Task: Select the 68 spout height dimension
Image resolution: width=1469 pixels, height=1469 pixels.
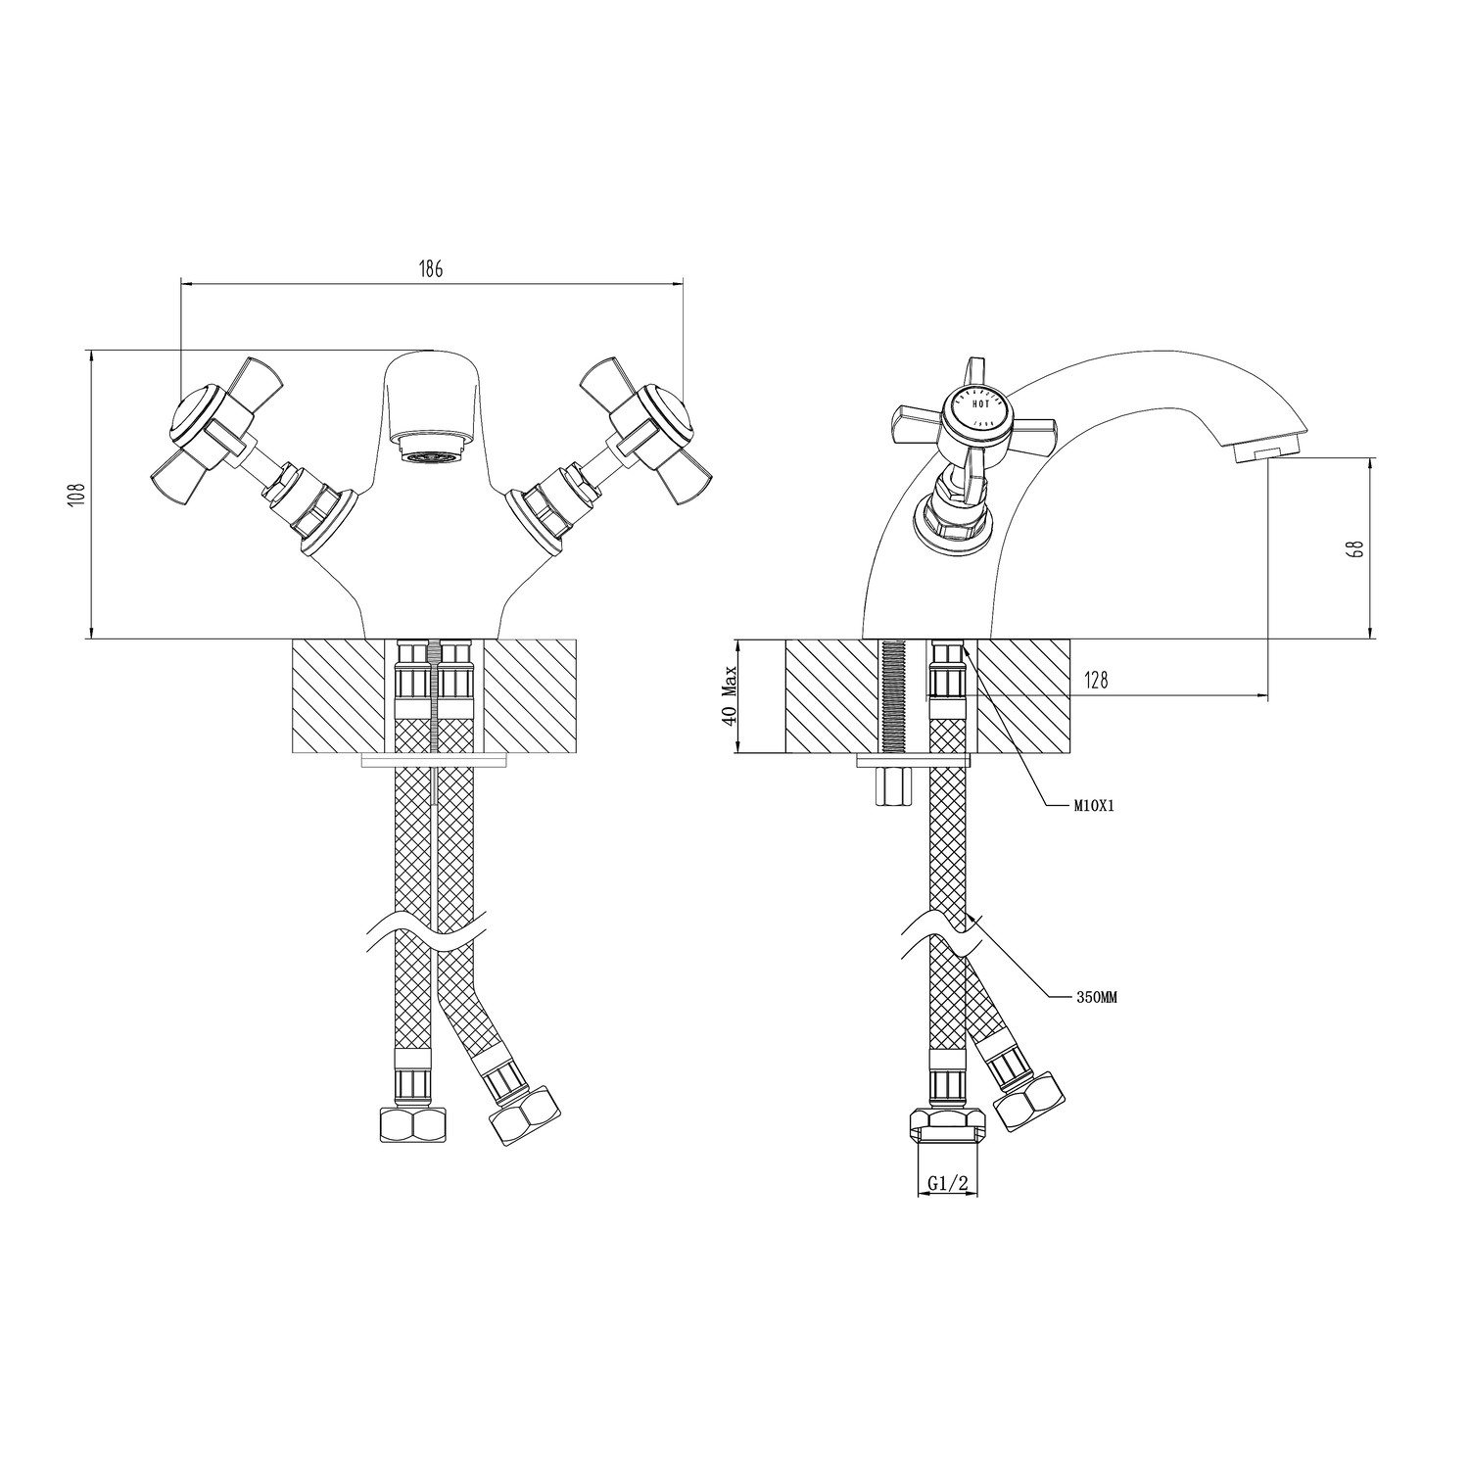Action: click(1356, 547)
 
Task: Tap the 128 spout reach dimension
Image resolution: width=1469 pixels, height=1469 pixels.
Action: click(1096, 681)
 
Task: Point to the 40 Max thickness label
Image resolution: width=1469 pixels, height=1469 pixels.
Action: click(728, 696)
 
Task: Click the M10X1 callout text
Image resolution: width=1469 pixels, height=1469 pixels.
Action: click(1095, 807)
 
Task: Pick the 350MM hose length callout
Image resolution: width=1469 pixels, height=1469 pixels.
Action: click(1097, 997)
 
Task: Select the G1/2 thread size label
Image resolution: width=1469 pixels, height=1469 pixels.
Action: click(947, 1184)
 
